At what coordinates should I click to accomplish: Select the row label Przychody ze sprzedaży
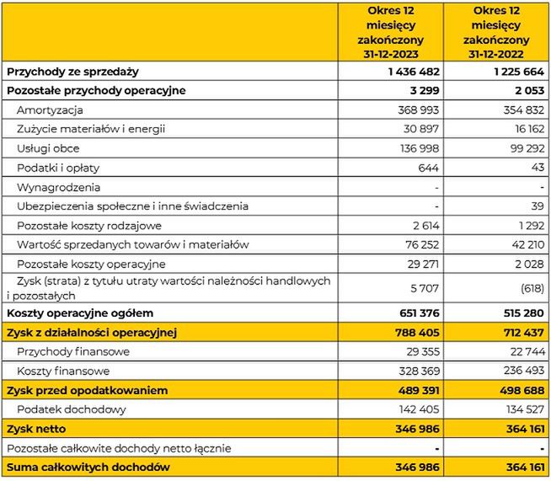point(72,72)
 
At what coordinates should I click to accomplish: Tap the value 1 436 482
point(415,72)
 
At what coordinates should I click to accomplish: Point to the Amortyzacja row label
point(49,110)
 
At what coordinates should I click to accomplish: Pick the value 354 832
point(524,110)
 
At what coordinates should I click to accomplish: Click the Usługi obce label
point(48,148)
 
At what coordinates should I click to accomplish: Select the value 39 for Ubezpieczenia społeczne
point(537,206)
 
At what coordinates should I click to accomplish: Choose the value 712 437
point(522,333)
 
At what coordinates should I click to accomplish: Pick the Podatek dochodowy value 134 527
point(523,409)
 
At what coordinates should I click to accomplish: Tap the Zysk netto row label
point(35,429)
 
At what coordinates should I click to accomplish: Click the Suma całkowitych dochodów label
point(88,467)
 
